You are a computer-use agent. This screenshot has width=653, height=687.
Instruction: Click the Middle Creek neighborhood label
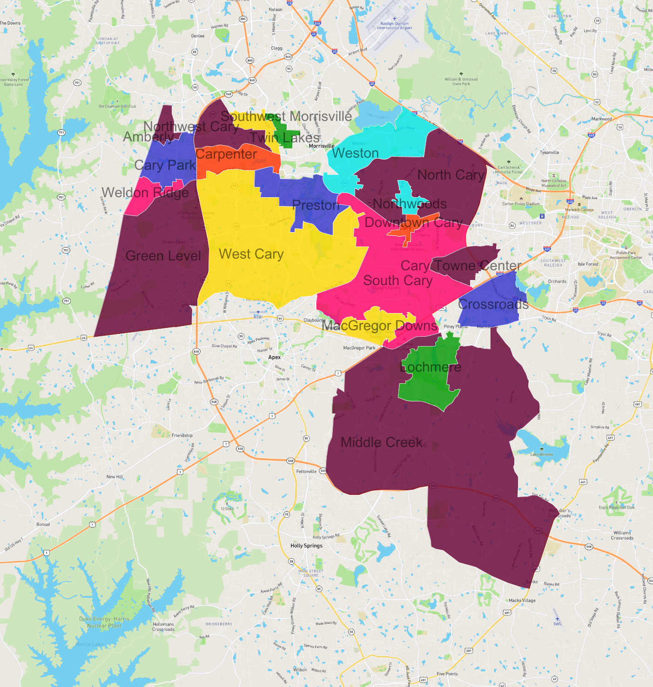tap(381, 442)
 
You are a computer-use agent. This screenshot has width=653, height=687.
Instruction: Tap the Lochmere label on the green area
tap(431, 367)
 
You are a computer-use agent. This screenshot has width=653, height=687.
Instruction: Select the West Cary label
tap(251, 254)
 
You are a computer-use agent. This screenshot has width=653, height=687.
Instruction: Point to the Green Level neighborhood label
tap(163, 256)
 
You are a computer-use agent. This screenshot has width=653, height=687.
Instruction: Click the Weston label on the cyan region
tap(356, 153)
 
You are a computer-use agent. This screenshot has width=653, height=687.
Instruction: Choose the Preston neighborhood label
tap(315, 205)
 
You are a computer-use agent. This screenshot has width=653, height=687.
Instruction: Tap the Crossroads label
tap(493, 304)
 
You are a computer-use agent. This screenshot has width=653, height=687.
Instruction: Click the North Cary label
tap(451, 175)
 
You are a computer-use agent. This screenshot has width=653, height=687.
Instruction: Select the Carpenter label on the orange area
tap(226, 154)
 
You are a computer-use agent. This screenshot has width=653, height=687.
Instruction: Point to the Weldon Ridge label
tap(145, 193)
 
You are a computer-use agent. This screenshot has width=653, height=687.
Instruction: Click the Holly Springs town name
tap(306, 546)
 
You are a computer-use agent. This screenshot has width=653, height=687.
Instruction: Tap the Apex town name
tap(275, 357)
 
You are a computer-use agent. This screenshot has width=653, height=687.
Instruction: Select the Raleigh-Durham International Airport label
tap(395, 26)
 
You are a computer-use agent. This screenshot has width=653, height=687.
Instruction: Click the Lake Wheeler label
tap(541, 454)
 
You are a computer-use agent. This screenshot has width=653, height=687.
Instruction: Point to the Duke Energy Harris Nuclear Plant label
tap(104, 622)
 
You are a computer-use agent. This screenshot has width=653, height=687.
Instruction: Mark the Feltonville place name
tap(306, 471)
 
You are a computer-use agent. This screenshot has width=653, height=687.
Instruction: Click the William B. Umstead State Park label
tap(461, 81)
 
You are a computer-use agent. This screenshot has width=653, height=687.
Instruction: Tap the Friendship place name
tap(182, 435)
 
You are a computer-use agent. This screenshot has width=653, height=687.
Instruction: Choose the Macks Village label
tap(522, 600)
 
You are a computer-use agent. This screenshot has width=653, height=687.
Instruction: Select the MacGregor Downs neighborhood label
tap(379, 326)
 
